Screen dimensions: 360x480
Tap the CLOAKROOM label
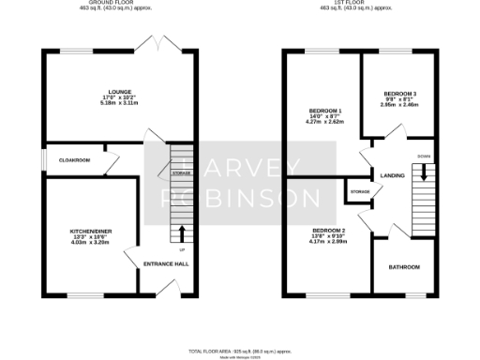75,160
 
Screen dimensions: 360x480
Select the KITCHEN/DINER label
91,231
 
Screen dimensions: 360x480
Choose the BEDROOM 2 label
329,231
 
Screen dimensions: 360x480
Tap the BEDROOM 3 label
399,94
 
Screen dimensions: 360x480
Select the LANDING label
392,175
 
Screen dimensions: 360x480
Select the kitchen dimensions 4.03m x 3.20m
91,243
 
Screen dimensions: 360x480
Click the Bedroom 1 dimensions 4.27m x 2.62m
319,123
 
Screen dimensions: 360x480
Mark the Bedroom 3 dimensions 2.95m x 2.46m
399,105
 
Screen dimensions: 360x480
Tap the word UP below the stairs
181,251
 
